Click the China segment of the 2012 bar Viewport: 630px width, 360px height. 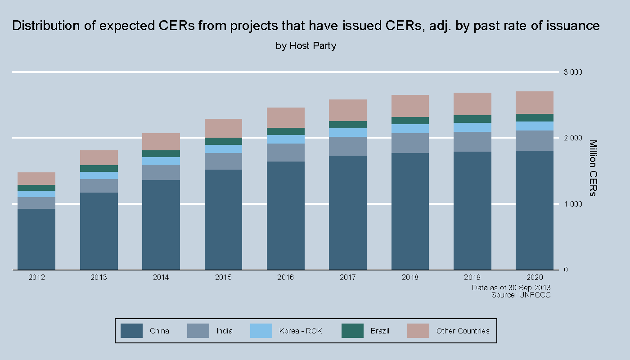point(36,239)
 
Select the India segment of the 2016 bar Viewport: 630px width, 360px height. point(286,153)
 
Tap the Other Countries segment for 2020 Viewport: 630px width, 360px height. point(535,103)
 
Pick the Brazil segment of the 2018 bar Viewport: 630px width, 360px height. point(410,121)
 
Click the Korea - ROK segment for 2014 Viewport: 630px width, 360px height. point(161,161)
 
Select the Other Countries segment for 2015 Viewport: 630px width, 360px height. point(223,128)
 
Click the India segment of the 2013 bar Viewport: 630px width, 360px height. point(99,186)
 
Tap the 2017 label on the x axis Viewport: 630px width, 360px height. point(348,277)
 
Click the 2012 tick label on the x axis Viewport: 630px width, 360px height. point(36,277)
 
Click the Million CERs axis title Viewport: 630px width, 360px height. point(593,168)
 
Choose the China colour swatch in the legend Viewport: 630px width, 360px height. point(132,331)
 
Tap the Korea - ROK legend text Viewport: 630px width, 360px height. point(301,331)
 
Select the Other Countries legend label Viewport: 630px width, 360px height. point(463,331)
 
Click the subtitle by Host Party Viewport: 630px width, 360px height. point(306,46)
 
